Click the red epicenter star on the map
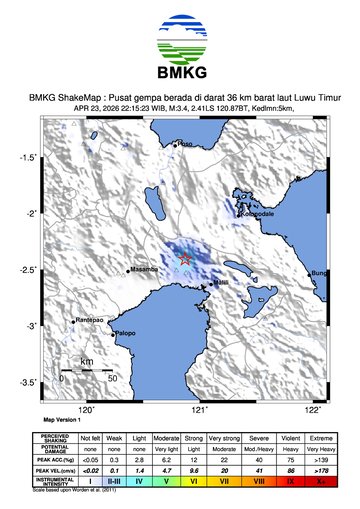click(x=185, y=260)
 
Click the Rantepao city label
click(x=90, y=320)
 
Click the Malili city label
click(x=222, y=283)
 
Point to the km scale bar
click(x=87, y=371)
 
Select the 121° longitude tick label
click(x=199, y=408)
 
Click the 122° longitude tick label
click(x=312, y=408)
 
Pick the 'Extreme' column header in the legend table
click(x=319, y=438)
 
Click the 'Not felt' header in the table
click(x=90, y=438)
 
